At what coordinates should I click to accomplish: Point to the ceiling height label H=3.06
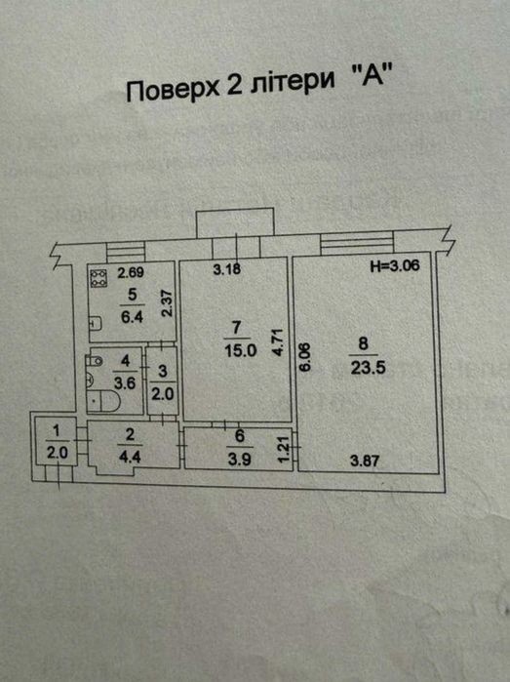click(395, 264)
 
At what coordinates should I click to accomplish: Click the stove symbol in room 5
click(99, 278)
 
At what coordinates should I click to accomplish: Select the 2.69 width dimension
click(131, 273)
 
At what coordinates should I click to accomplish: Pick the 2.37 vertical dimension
click(169, 303)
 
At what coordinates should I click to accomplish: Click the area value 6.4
click(132, 317)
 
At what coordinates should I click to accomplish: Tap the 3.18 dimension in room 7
click(227, 269)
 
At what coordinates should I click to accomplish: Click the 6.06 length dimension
click(305, 357)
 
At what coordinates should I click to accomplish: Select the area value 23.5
click(369, 369)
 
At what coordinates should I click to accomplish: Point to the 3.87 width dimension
click(365, 461)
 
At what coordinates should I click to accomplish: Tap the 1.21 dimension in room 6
click(284, 450)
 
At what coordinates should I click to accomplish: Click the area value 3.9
click(240, 460)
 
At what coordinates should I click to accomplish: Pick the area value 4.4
click(129, 458)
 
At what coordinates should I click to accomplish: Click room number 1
click(57, 431)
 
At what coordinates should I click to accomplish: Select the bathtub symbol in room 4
click(103, 400)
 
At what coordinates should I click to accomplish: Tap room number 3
click(163, 371)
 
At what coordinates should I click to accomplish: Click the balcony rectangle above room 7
click(235, 222)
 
